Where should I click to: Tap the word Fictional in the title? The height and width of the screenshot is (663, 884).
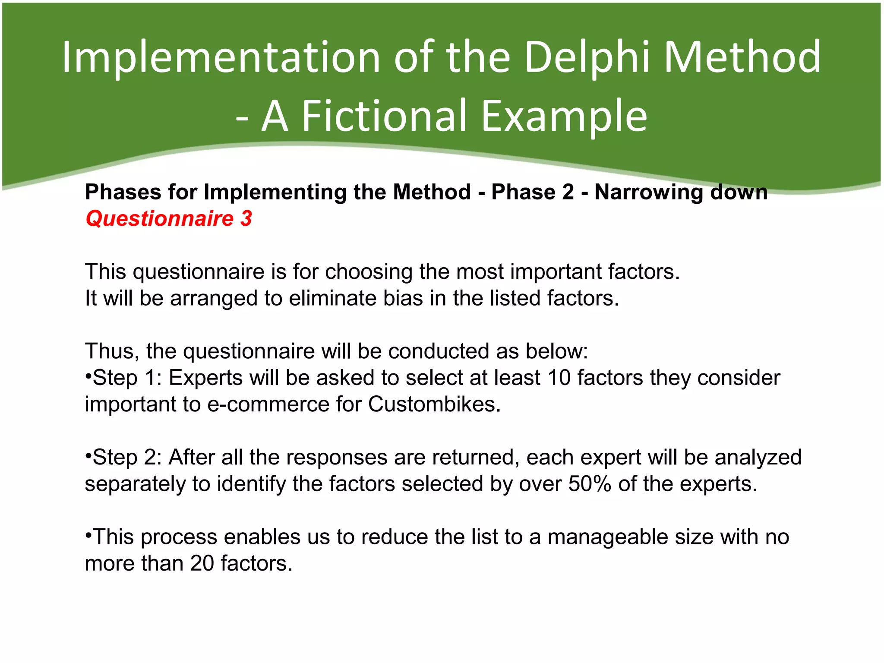[385, 116]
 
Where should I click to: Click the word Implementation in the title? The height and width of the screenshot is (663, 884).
[221, 57]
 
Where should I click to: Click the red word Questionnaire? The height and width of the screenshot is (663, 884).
[160, 218]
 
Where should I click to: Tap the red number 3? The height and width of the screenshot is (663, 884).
[246, 218]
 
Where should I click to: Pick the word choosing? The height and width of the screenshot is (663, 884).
[369, 272]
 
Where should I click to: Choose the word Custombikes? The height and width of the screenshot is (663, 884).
[434, 404]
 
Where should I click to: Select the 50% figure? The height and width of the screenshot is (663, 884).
[590, 484]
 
